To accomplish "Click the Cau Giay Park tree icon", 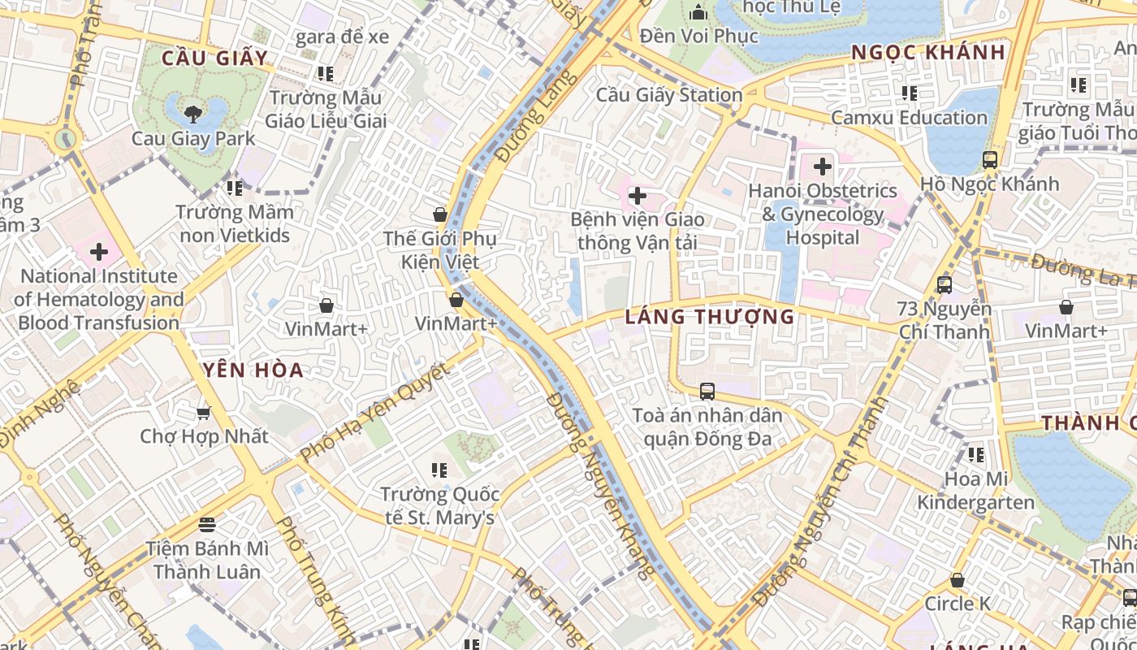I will point(192,113).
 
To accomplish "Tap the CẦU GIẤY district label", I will point(214,58).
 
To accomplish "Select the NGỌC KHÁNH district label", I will point(928,53).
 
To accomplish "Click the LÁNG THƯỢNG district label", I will point(710,317).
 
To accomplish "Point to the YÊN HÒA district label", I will point(253,370).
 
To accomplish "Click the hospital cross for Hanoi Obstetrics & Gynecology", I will point(822,167).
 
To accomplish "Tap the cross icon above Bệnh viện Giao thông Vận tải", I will point(638,196).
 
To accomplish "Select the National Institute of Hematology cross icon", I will point(98,252).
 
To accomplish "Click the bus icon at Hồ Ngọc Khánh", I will point(989,160).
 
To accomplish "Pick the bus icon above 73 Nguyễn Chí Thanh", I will point(944,285).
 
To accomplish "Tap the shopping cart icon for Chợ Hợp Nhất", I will point(203,413).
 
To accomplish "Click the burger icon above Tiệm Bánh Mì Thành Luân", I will point(206,524).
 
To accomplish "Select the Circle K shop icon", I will point(958,580).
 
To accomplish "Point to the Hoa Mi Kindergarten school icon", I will point(975,455).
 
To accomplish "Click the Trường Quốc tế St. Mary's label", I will point(439,505).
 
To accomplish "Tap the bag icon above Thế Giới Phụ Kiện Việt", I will point(439,214).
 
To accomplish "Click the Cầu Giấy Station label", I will point(669,95).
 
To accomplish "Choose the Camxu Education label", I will point(908,118).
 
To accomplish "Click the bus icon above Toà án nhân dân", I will point(707,392).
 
